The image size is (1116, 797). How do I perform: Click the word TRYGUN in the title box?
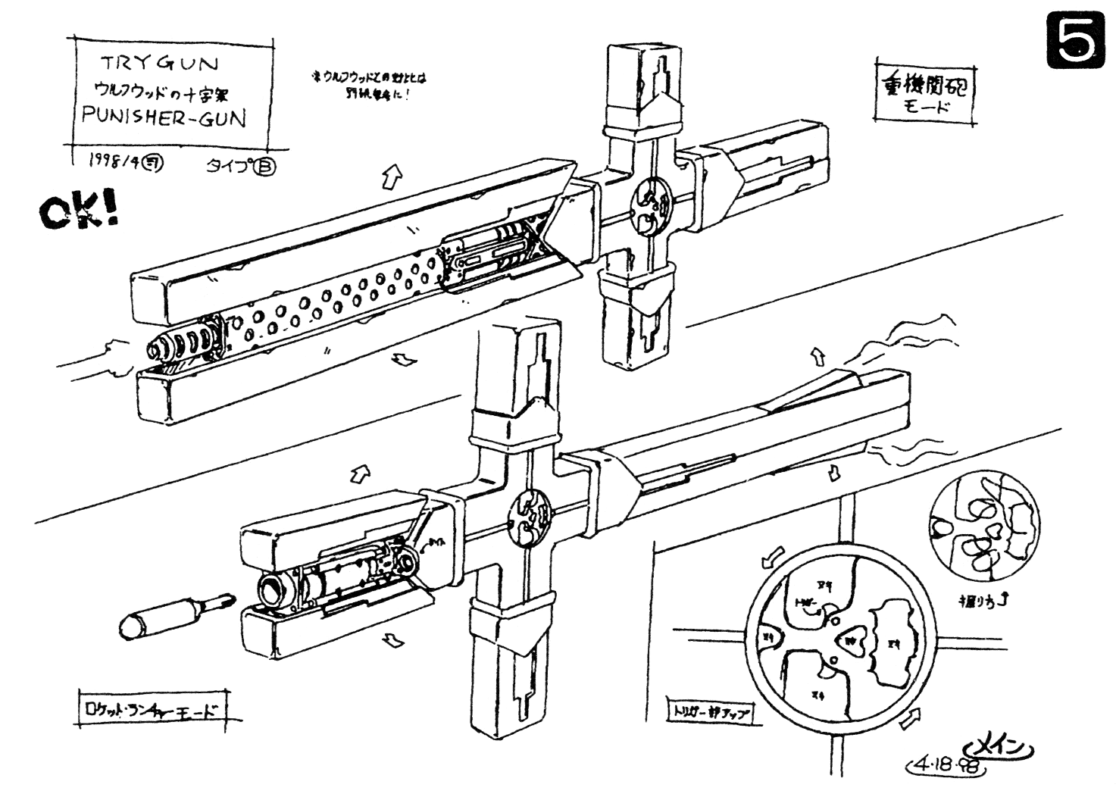click(158, 64)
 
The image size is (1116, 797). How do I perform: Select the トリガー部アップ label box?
click(709, 711)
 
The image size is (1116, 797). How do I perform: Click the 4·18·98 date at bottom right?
click(948, 764)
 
